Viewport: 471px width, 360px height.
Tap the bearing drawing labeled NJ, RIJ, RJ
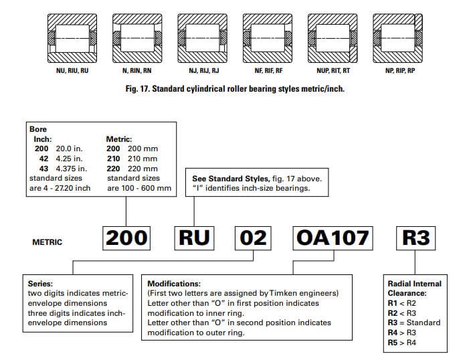[203, 33]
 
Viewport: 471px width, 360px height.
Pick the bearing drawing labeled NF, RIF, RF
[268, 33]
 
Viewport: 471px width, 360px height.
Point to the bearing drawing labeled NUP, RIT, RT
[333, 33]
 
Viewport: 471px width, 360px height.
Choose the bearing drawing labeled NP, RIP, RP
[399, 33]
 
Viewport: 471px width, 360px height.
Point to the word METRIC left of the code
[47, 242]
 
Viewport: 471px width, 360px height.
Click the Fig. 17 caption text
[235, 88]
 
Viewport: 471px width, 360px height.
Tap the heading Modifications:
[174, 284]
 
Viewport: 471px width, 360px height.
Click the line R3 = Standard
[414, 323]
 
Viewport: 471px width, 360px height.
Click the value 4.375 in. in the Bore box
[65, 169]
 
